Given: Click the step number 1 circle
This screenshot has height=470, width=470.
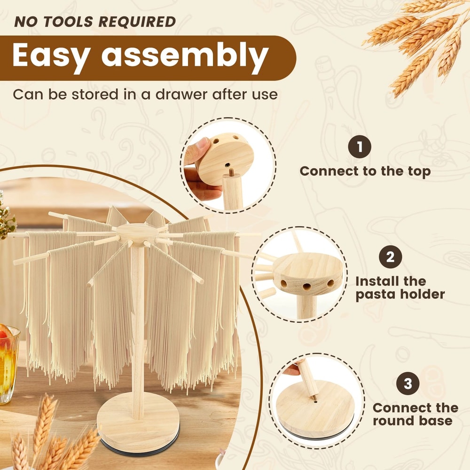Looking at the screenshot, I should pyautogui.click(x=360, y=147).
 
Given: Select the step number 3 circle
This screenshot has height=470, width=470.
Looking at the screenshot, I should pyautogui.click(x=407, y=384).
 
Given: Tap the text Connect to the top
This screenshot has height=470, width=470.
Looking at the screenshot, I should pyautogui.click(x=365, y=171).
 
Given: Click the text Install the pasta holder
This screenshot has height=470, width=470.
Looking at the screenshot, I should pyautogui.click(x=399, y=288).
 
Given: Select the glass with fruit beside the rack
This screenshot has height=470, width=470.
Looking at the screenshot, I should pyautogui.click(x=7, y=362).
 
